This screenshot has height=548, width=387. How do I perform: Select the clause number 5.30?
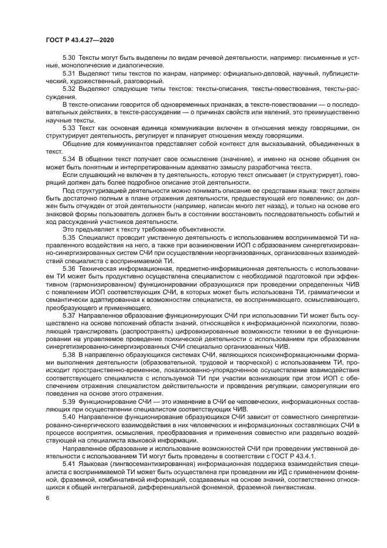click(69, 59)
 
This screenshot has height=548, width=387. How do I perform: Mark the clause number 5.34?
click(69, 159)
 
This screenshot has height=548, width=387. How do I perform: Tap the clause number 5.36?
click(69, 268)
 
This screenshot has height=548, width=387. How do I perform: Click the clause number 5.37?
click(69, 314)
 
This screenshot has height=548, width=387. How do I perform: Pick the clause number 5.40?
click(69, 416)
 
